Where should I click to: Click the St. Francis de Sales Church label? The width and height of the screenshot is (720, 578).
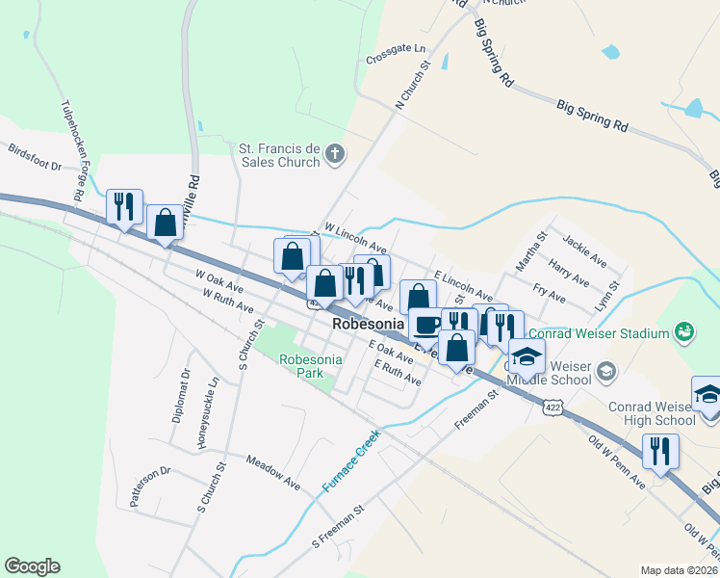pyautogui.click(x=279, y=155)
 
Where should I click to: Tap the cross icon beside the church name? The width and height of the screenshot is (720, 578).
pyautogui.click(x=335, y=154)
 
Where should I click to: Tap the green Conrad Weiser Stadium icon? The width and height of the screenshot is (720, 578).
pyautogui.click(x=684, y=332)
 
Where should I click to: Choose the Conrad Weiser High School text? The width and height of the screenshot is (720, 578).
pyautogui.click(x=651, y=413)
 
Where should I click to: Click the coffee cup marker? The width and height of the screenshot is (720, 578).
pyautogui.click(x=426, y=323)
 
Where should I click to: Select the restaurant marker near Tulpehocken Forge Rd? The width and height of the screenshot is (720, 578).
pyautogui.click(x=124, y=205)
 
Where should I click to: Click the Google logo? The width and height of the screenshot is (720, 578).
pyautogui.click(x=32, y=566)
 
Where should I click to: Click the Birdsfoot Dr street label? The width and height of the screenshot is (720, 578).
pyautogui.click(x=34, y=159)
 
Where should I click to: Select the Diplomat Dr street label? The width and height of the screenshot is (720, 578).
pyautogui.click(x=181, y=395)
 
